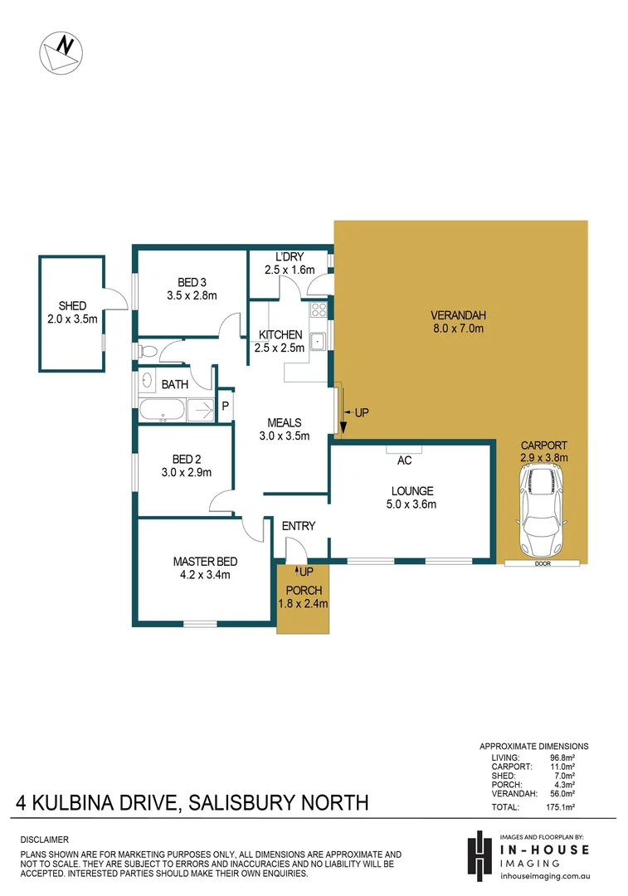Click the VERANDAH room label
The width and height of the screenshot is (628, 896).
click(457, 315)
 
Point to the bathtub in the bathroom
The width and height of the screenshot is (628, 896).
click(163, 409)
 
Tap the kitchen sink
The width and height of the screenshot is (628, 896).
click(318, 340)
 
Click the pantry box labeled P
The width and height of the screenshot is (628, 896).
click(225, 406)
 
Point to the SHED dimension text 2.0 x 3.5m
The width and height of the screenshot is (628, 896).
click(71, 318)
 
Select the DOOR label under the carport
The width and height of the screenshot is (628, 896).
click(543, 563)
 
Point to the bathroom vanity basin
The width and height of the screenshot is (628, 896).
click(148, 382)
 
